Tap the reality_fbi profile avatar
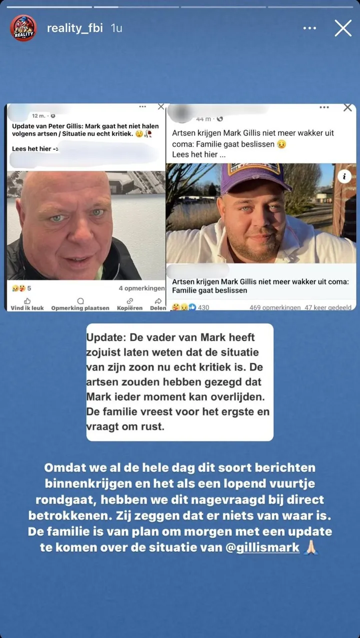(x=23, y=28)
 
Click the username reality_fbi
(x=74, y=28)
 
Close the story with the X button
(x=343, y=28)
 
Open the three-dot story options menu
(x=310, y=29)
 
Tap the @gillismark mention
(x=262, y=547)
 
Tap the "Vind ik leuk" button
(x=27, y=304)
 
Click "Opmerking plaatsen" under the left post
(x=80, y=304)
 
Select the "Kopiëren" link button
(x=129, y=304)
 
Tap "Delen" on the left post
(x=157, y=304)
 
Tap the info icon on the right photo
(x=344, y=176)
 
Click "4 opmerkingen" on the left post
(x=141, y=289)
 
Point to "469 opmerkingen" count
(x=274, y=308)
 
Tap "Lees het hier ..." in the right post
(x=198, y=155)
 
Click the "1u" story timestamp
(x=116, y=28)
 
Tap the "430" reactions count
(x=203, y=308)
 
